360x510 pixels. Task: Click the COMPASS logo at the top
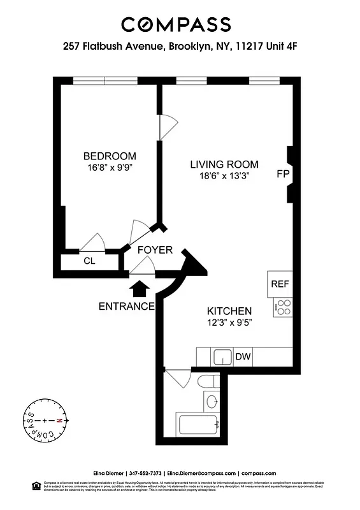[x=176, y=25]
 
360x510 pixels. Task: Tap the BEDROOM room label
[x=110, y=156]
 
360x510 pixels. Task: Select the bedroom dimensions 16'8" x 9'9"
[x=110, y=168]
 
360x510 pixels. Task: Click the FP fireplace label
[x=283, y=173]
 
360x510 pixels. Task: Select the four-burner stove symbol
[x=283, y=307]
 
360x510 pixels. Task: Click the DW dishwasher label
[x=243, y=357]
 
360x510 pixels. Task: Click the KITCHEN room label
[x=229, y=310]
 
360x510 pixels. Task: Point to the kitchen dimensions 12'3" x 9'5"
[x=229, y=323]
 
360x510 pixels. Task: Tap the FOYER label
[x=155, y=250]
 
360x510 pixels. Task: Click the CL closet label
[x=89, y=261]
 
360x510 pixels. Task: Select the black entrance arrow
[x=137, y=289]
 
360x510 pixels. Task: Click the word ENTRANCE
[x=126, y=307]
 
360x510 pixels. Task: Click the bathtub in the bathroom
[x=198, y=423]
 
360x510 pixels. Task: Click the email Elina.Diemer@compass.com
[x=201, y=473]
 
